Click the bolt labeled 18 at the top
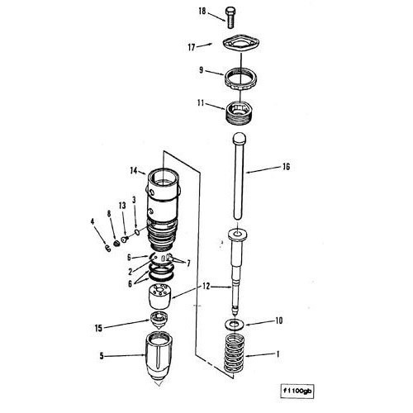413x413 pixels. (230, 17)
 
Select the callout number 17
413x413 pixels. (192, 47)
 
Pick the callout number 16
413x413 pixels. (286, 167)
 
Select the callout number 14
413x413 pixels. (134, 171)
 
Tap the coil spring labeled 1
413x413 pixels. (234, 354)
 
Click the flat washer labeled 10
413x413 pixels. (235, 324)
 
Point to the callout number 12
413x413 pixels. (206, 287)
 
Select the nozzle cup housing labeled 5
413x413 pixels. (159, 357)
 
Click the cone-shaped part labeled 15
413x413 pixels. (159, 320)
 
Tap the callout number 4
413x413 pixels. (93, 221)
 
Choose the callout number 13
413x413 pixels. (122, 206)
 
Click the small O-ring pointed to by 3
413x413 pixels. (136, 233)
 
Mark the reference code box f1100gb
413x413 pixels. (297, 391)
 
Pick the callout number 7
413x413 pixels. (188, 263)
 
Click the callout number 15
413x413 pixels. (98, 328)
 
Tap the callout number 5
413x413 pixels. (102, 356)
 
